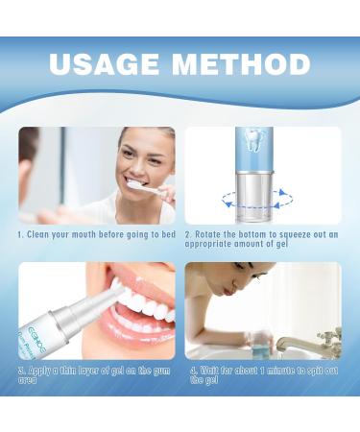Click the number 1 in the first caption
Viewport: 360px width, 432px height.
click(20, 233)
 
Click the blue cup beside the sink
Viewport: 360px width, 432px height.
click(278, 340)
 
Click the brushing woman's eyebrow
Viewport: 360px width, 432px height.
click(139, 144)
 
